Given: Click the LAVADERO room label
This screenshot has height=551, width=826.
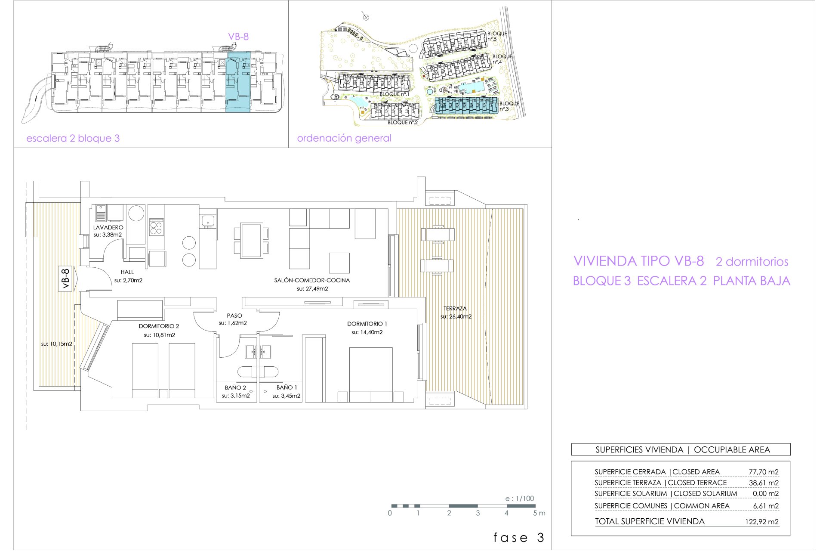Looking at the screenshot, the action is click(108, 227).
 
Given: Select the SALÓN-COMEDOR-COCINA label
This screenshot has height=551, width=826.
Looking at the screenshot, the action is click(312, 280).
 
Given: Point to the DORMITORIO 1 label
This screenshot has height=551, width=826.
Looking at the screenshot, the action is click(367, 324).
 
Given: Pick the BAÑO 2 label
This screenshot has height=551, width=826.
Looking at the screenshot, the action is click(235, 387).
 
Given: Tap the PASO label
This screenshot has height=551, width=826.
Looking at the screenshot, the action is click(234, 316).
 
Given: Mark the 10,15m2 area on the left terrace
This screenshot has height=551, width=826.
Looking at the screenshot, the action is click(57, 344).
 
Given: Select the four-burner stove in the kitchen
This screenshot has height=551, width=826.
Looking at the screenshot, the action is click(156, 227).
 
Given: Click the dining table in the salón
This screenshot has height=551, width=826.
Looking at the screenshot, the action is click(251, 240).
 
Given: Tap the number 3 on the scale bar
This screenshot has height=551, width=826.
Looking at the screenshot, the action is click(478, 513).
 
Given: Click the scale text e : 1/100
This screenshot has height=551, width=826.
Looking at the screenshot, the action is click(520, 498).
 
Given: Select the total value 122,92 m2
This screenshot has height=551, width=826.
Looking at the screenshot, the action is click(762, 522).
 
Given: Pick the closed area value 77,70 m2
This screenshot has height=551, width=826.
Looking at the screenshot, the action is click(764, 472).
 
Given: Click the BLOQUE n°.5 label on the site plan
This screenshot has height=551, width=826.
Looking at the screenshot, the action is click(496, 36).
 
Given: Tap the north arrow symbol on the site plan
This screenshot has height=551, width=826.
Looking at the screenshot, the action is click(365, 16).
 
